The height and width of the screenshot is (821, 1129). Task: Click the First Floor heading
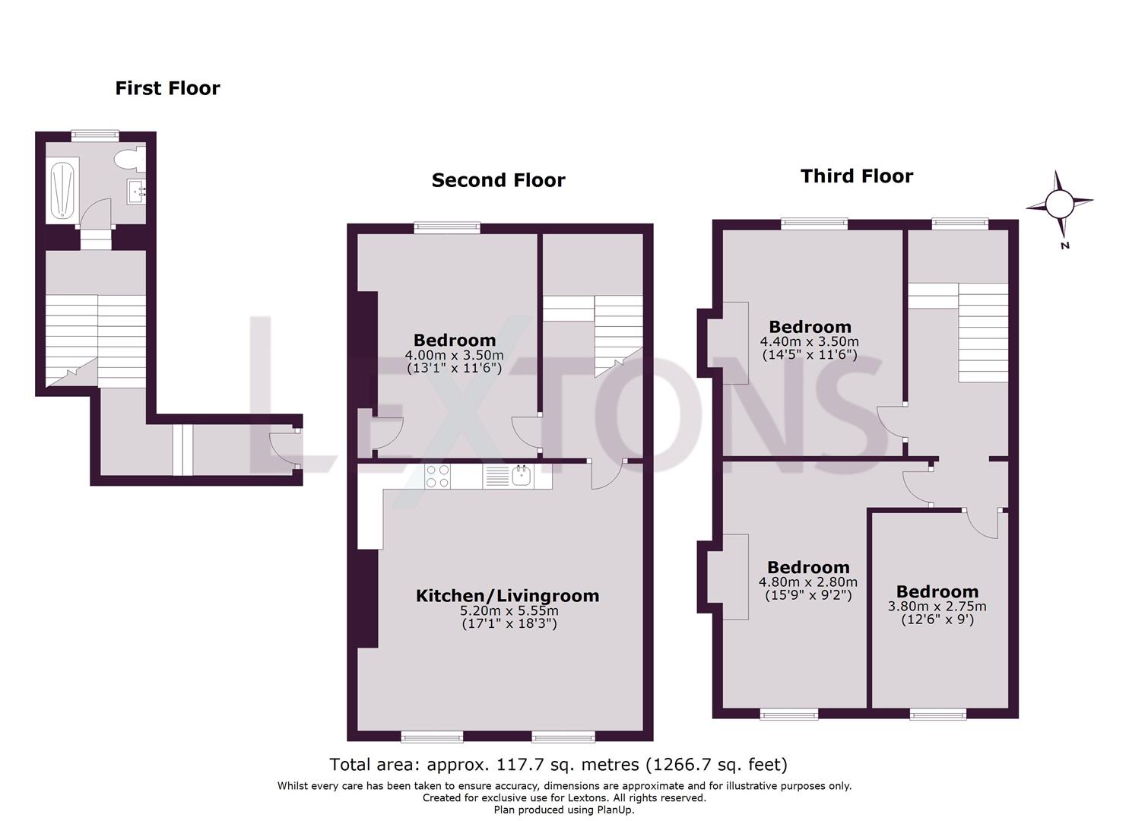point(167,88)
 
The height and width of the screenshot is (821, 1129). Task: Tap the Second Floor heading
point(498,180)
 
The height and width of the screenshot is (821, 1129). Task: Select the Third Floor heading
point(856,176)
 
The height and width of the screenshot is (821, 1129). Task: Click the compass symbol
point(1058,204)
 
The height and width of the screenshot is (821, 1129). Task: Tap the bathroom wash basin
point(137,191)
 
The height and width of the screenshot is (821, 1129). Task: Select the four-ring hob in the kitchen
point(437,476)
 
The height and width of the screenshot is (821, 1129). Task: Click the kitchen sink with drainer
point(509,477)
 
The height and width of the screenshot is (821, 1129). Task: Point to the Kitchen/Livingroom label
point(507,596)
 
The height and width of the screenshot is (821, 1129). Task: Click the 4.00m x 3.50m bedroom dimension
point(454,355)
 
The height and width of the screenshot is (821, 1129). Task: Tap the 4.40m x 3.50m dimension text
point(810,342)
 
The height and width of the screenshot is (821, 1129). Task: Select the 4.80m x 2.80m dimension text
point(808,582)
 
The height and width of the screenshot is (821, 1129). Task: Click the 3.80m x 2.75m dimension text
point(937,607)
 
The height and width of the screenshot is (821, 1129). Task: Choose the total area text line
point(558,764)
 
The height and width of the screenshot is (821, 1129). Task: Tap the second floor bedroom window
point(447,227)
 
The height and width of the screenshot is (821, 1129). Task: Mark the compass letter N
point(1065,246)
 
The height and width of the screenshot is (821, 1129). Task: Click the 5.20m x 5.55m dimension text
point(509,610)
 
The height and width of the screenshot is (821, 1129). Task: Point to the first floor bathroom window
point(95,135)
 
